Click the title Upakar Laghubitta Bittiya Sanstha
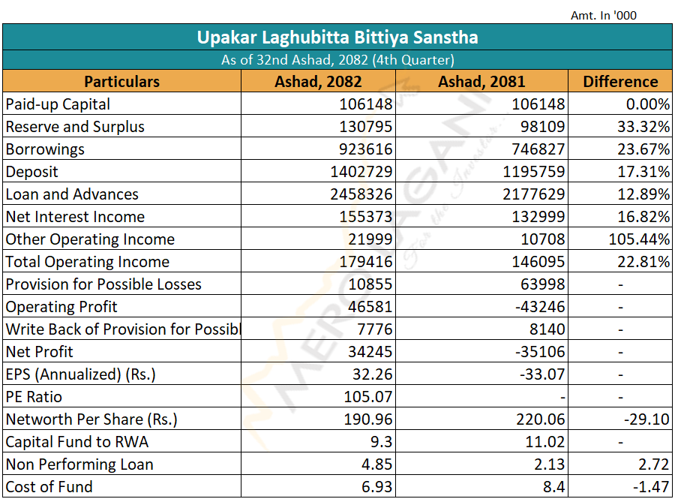pyautogui.click(x=337, y=38)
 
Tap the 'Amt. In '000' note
pyautogui.click(x=604, y=16)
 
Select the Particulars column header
pyautogui.click(x=121, y=81)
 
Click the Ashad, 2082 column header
pyautogui.click(x=318, y=81)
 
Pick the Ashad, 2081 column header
pyautogui.click(x=481, y=81)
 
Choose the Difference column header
pyautogui.click(x=620, y=81)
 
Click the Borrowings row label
pyautogui.click(x=45, y=149)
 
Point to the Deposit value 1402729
pyautogui.click(x=361, y=172)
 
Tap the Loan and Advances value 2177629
pyautogui.click(x=534, y=194)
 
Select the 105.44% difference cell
pyautogui.click(x=639, y=239)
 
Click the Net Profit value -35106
pyautogui.click(x=540, y=352)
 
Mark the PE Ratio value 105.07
pyautogui.click(x=368, y=396)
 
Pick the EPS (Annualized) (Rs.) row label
pyautogui.click(x=80, y=374)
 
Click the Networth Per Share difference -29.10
pyautogui.click(x=647, y=419)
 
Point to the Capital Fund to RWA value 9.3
pyautogui.click(x=381, y=442)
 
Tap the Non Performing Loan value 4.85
pyautogui.click(x=376, y=464)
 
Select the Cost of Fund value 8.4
pyautogui.click(x=553, y=486)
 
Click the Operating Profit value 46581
pyautogui.click(x=370, y=307)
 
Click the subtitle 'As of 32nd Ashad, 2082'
pyautogui.click(x=296, y=60)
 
